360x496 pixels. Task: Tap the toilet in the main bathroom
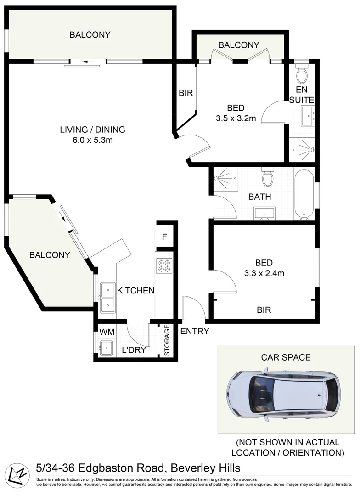267,177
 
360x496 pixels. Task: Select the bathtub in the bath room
304,195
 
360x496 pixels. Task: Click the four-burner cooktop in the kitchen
164,266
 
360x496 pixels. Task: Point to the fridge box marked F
164,238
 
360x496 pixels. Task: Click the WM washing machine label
107,332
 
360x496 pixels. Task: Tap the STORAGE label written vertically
167,340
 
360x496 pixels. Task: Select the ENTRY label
195,331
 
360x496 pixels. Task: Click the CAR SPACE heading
286,357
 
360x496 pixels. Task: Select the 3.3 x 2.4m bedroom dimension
264,273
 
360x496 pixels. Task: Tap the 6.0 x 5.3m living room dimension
92,140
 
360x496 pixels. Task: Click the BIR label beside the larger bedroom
186,93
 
